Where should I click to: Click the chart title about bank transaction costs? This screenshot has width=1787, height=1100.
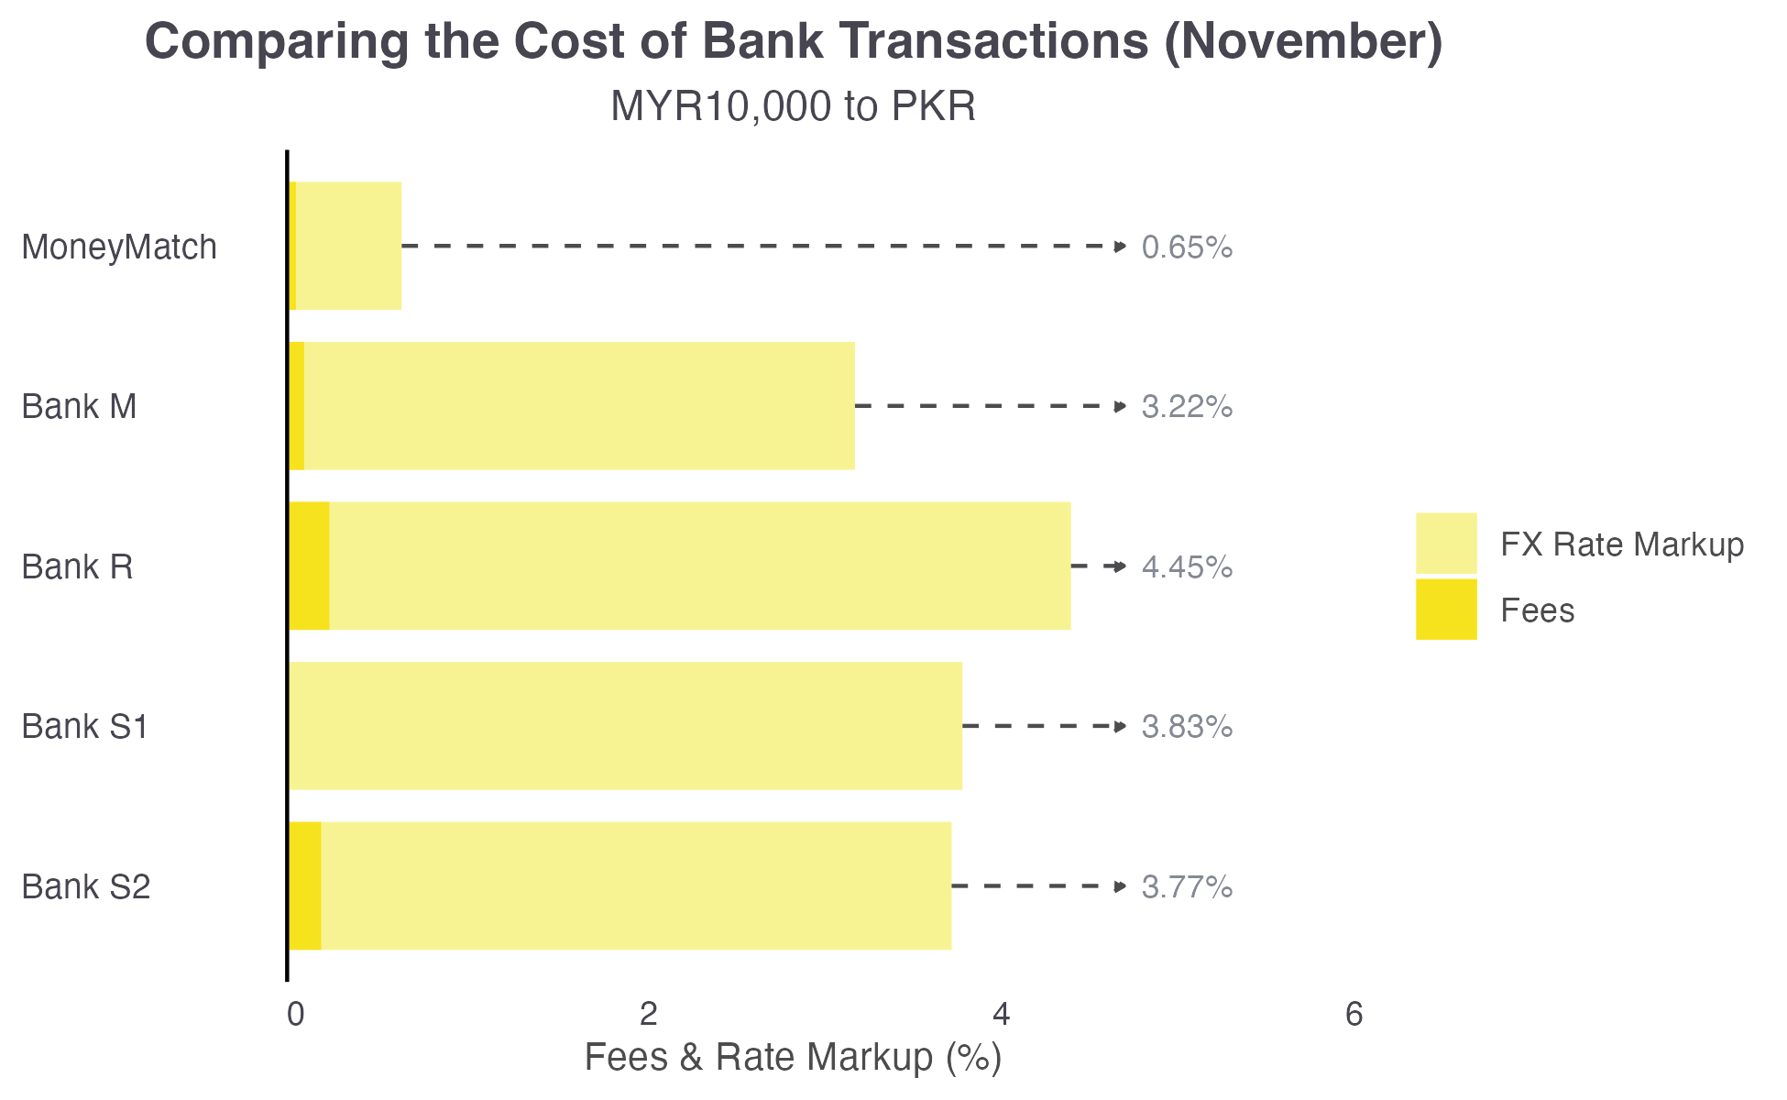click(794, 42)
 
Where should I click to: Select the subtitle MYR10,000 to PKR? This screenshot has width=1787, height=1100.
click(794, 106)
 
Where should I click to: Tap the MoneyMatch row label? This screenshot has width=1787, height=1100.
click(119, 247)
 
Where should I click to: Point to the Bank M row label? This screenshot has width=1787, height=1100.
click(79, 406)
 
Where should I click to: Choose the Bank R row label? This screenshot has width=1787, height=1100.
click(77, 566)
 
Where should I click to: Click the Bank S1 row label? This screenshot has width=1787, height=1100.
click(84, 726)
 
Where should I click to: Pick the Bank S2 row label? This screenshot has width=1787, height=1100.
click(85, 886)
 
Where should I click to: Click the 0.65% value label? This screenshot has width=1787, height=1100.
click(1187, 247)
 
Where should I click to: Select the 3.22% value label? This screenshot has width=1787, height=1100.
click(1187, 406)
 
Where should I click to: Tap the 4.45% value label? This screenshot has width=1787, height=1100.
click(1187, 566)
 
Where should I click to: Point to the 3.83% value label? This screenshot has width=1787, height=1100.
click(1187, 726)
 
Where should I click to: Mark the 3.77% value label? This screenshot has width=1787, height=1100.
click(1187, 886)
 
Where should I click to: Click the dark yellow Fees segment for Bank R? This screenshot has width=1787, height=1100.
click(309, 566)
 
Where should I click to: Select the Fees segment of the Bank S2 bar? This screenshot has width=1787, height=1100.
click(305, 885)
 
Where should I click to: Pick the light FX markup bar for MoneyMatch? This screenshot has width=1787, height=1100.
click(349, 246)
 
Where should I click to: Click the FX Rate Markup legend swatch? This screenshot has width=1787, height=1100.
click(1446, 544)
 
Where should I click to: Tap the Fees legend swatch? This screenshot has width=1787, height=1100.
click(1446, 610)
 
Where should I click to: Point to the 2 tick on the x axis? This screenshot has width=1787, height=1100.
click(649, 1014)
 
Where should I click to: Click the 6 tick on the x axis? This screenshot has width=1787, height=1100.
click(1354, 1014)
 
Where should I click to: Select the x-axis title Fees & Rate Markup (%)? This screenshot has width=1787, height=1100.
click(794, 1057)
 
